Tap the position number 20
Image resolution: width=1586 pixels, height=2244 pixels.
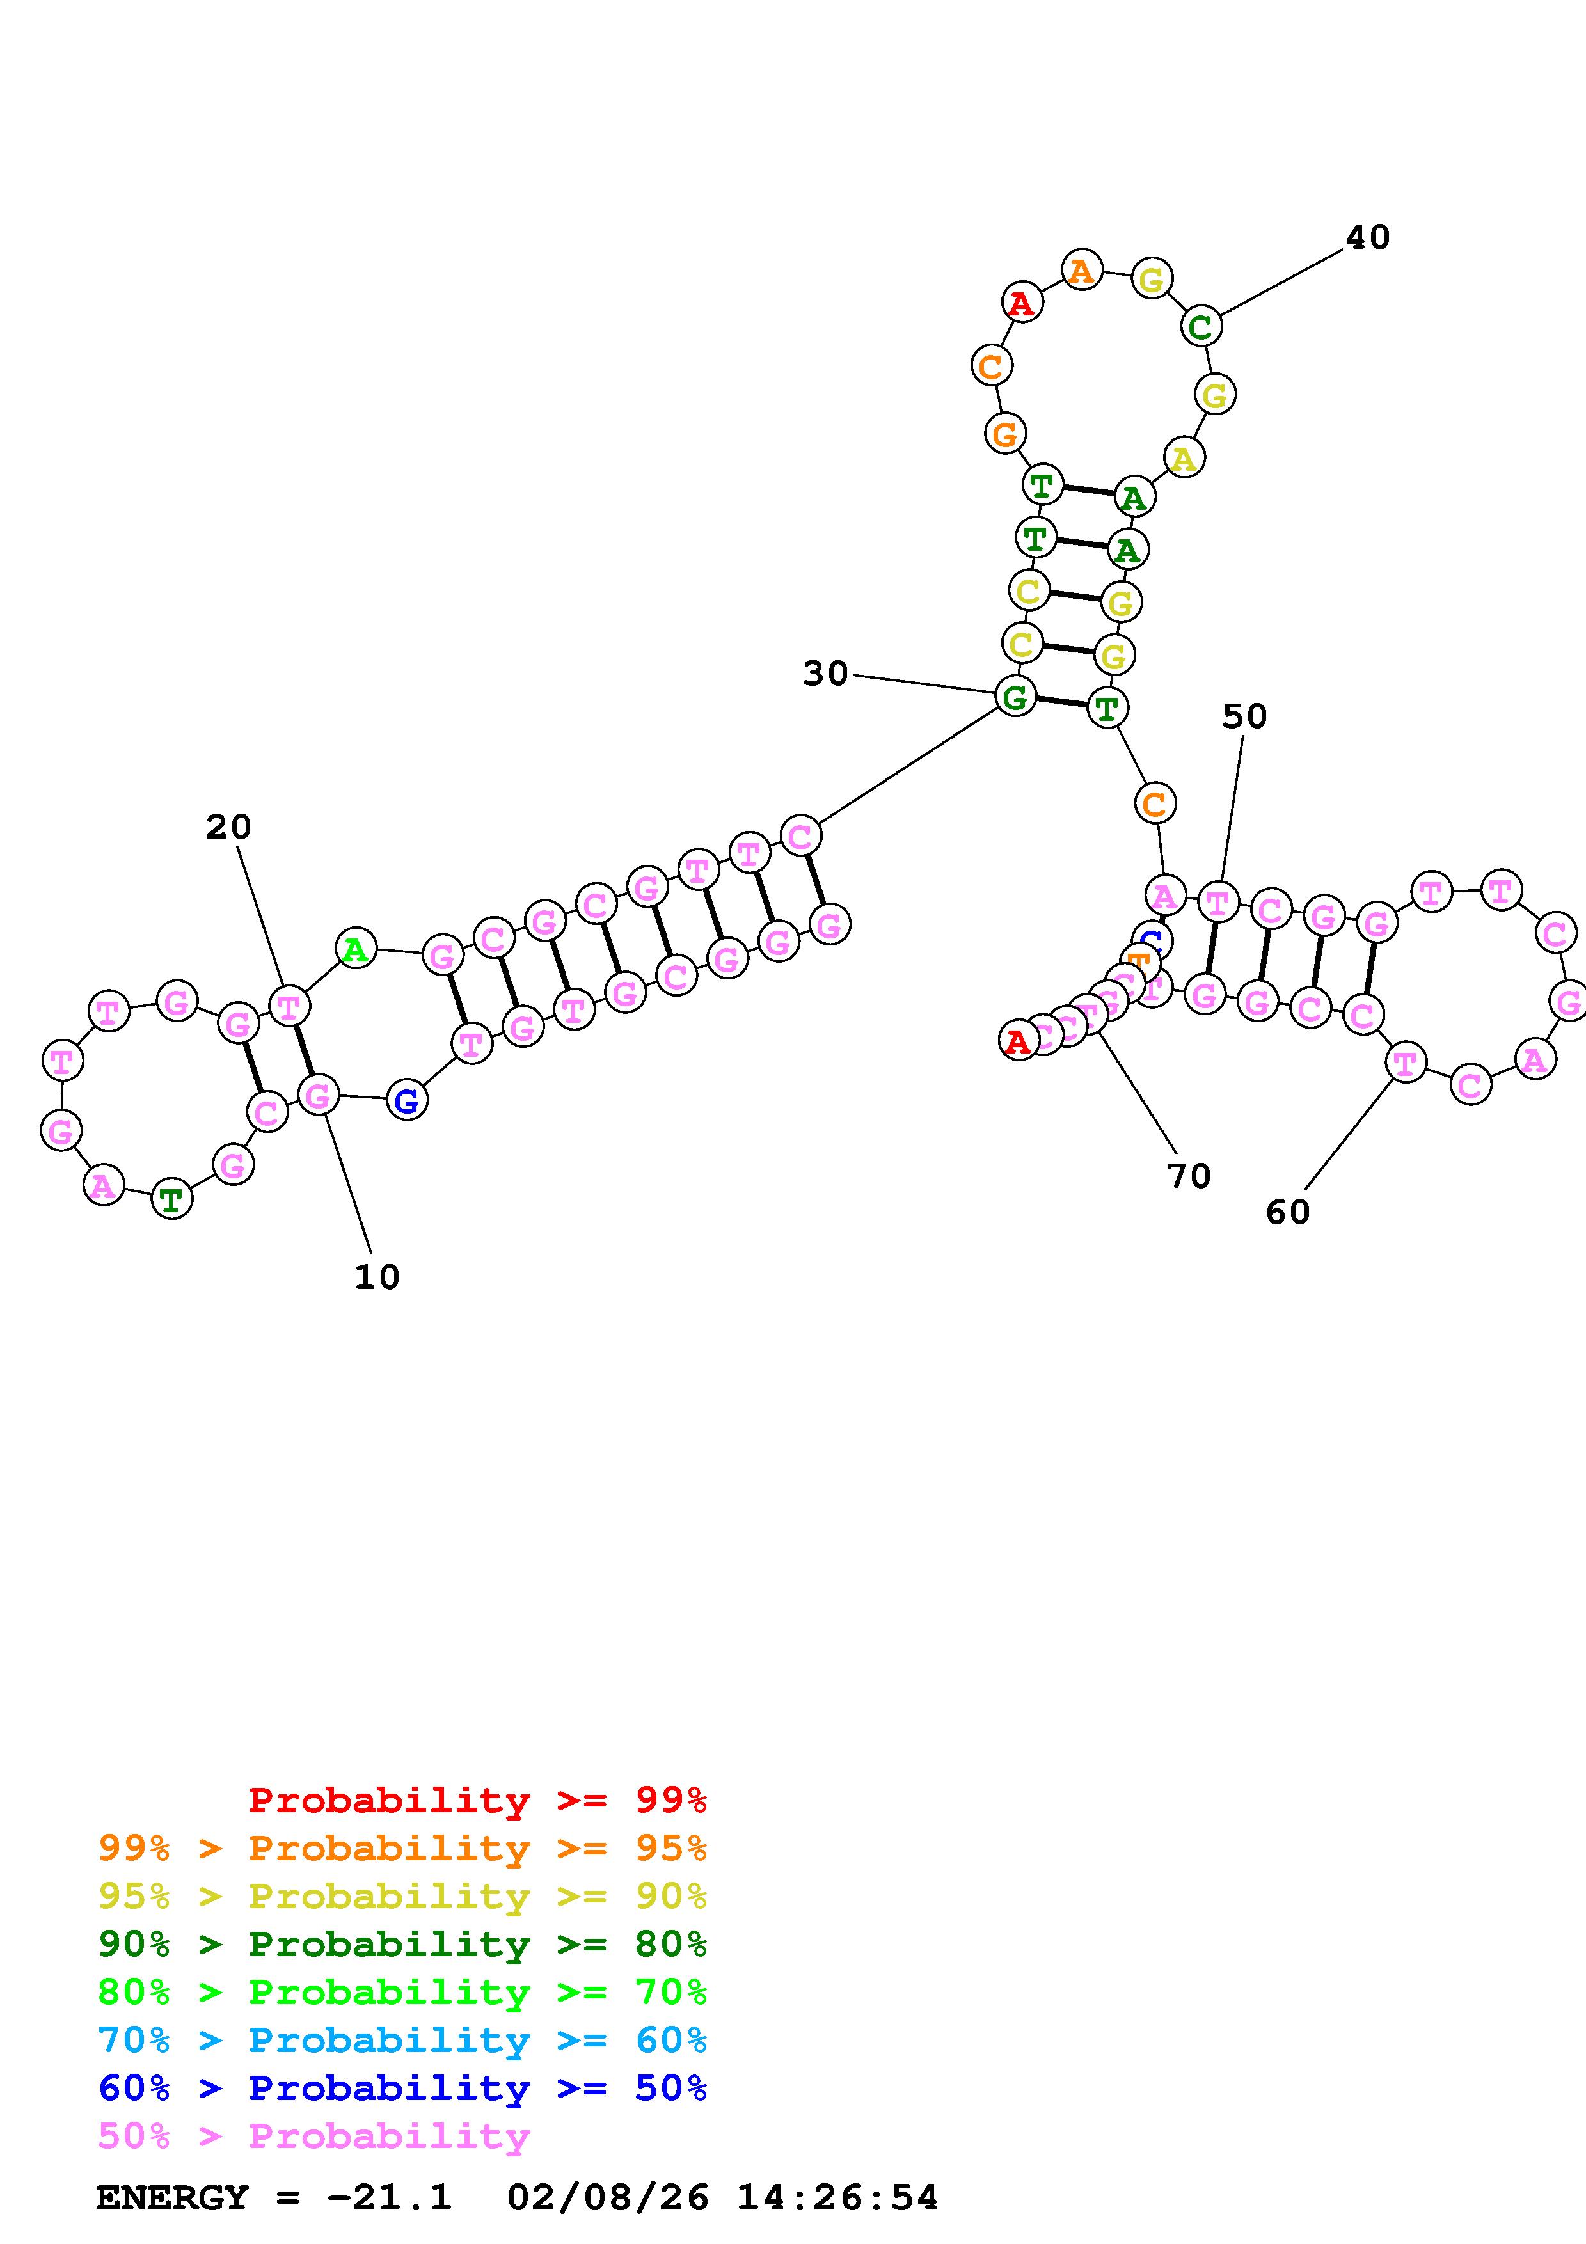click(x=228, y=828)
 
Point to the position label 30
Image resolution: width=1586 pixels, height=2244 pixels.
click(x=826, y=674)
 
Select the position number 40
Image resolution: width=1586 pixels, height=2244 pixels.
click(x=1367, y=237)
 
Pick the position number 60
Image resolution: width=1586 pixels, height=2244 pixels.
click(x=1287, y=1212)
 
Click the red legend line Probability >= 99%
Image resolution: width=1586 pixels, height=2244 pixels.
click(x=478, y=1800)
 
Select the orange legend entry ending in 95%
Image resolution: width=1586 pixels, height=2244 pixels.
click(x=402, y=1848)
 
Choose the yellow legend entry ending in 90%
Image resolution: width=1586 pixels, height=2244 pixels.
click(x=402, y=1896)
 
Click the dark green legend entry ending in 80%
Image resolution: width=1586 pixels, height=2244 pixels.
click(x=402, y=1944)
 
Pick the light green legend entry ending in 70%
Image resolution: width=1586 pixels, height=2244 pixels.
click(x=402, y=1992)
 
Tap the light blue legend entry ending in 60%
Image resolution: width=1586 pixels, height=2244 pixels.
click(x=402, y=2040)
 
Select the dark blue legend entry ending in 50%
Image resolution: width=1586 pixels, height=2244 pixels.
click(x=402, y=2088)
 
